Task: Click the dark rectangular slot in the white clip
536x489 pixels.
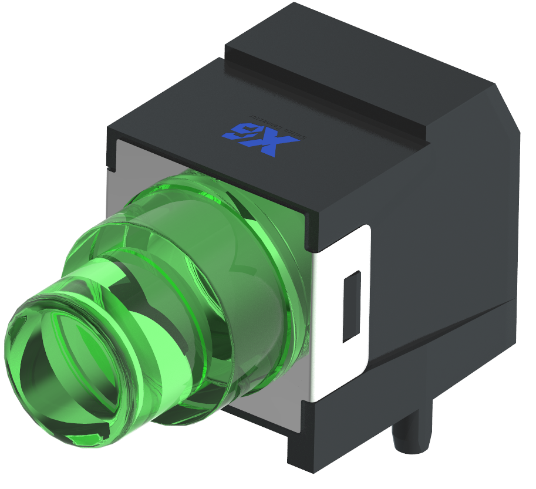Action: pos(351,305)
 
